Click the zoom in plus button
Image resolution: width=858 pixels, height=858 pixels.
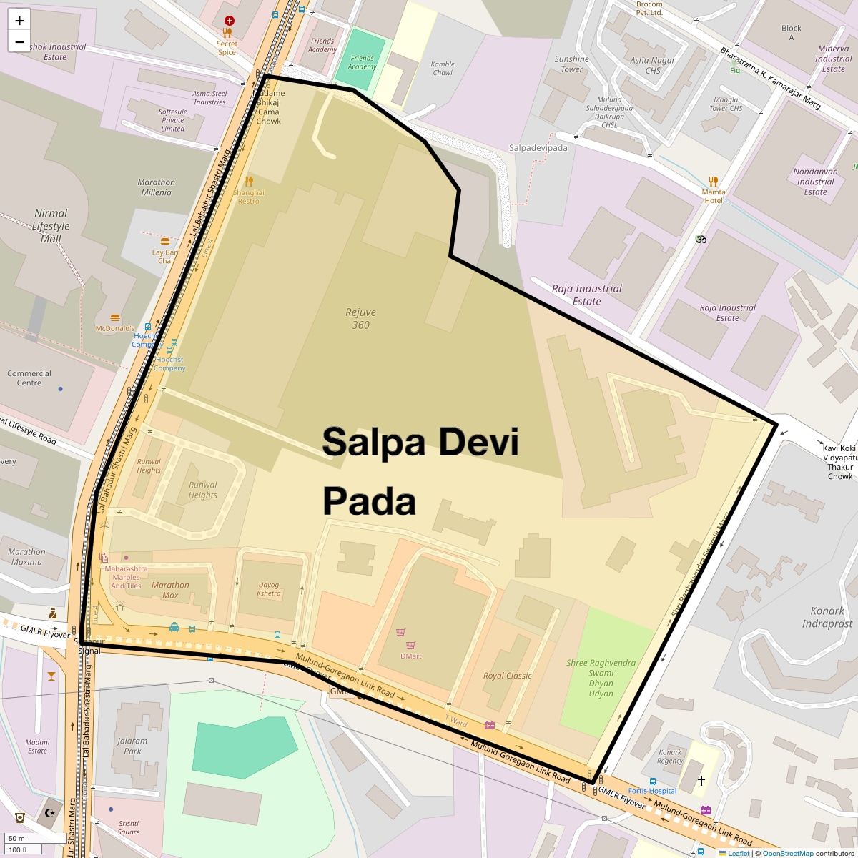[19, 21]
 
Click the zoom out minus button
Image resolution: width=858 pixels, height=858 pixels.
[19, 41]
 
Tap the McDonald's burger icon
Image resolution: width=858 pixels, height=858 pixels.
[115, 318]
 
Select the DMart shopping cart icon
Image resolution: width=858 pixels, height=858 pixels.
[401, 633]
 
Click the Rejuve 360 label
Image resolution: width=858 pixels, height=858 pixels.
[360, 319]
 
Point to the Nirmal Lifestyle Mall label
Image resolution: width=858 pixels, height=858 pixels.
[51, 225]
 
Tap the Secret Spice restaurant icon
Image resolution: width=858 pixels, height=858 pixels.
[227, 32]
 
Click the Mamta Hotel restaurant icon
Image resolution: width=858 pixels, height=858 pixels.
[713, 182]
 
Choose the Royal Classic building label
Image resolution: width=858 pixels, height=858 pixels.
[508, 676]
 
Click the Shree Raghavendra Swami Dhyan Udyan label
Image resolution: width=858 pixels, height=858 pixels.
[601, 678]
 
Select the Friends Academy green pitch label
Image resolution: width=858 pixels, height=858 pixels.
[362, 62]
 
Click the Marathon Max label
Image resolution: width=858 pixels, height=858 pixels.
[170, 590]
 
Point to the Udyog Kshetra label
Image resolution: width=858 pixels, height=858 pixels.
[269, 589]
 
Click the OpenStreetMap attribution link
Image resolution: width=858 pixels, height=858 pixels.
[787, 853]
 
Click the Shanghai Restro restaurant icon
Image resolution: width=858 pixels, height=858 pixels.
[249, 182]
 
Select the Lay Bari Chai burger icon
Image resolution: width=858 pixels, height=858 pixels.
[165, 242]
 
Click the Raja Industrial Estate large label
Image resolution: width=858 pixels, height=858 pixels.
[587, 295]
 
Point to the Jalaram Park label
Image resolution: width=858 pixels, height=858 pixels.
[132, 746]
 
